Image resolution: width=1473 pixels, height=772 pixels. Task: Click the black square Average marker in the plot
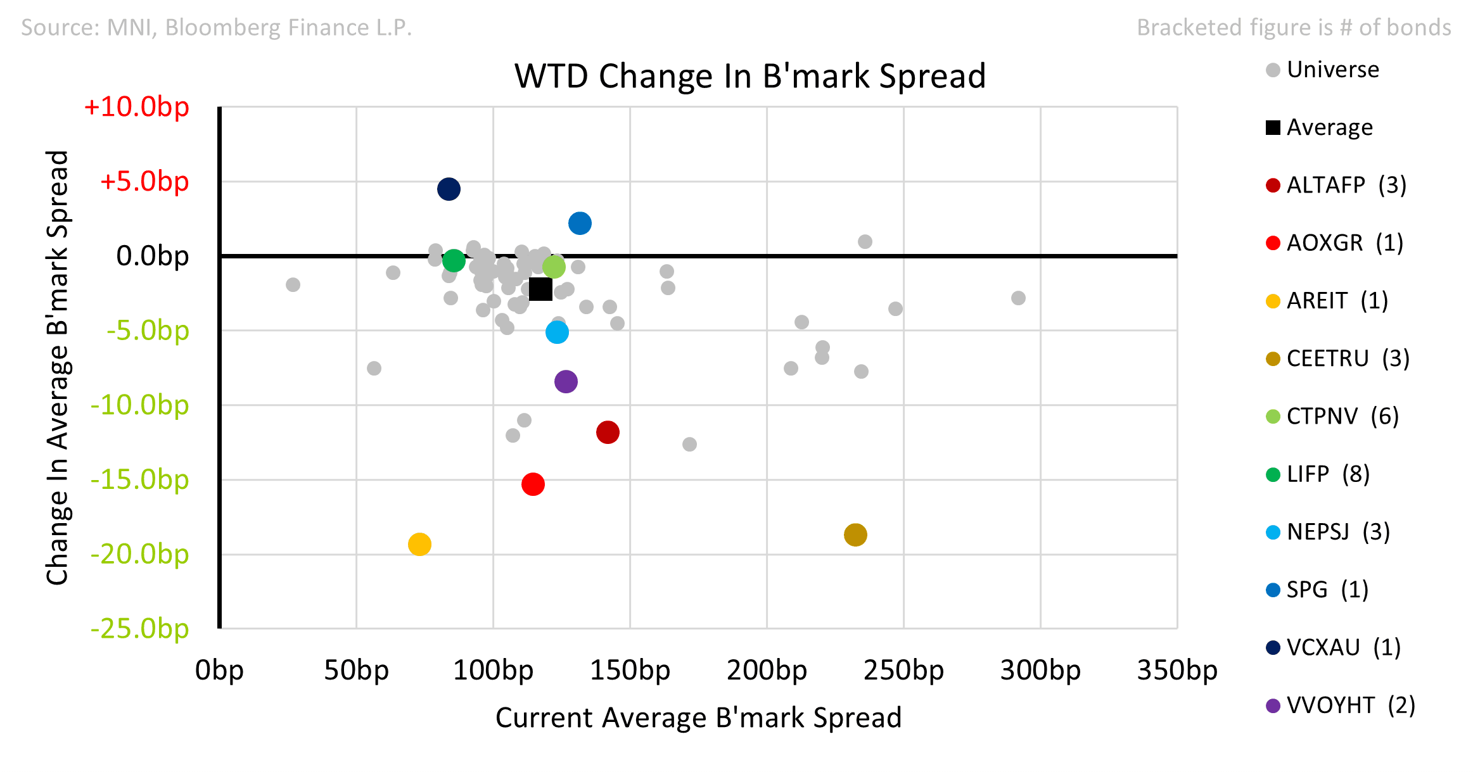tap(540, 289)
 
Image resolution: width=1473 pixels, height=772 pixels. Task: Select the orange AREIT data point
tap(419, 544)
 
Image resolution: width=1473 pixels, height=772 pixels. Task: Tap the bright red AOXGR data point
tap(533, 484)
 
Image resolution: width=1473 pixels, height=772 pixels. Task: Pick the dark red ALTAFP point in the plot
tap(608, 433)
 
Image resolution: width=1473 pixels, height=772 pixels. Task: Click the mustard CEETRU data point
tap(855, 535)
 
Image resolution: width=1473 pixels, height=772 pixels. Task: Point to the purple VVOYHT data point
tap(566, 381)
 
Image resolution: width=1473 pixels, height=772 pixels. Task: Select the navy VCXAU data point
tap(449, 189)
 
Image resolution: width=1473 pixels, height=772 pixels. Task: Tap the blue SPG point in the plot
tap(580, 223)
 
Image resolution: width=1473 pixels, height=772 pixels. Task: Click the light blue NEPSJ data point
tap(557, 332)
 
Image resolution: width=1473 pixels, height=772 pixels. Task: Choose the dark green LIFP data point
tap(454, 260)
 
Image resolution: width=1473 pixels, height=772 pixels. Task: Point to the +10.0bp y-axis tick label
tap(136, 106)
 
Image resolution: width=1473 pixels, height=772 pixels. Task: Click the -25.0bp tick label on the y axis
tap(139, 628)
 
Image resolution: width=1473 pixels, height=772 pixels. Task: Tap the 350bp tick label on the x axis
tap(1176, 670)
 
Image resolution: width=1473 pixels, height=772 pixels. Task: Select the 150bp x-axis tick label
tap(630, 670)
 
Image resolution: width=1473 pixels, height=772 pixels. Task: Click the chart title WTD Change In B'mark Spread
tap(750, 76)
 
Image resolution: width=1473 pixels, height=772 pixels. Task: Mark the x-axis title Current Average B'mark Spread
tap(698, 718)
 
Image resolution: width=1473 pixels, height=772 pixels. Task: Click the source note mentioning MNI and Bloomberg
tap(217, 27)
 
